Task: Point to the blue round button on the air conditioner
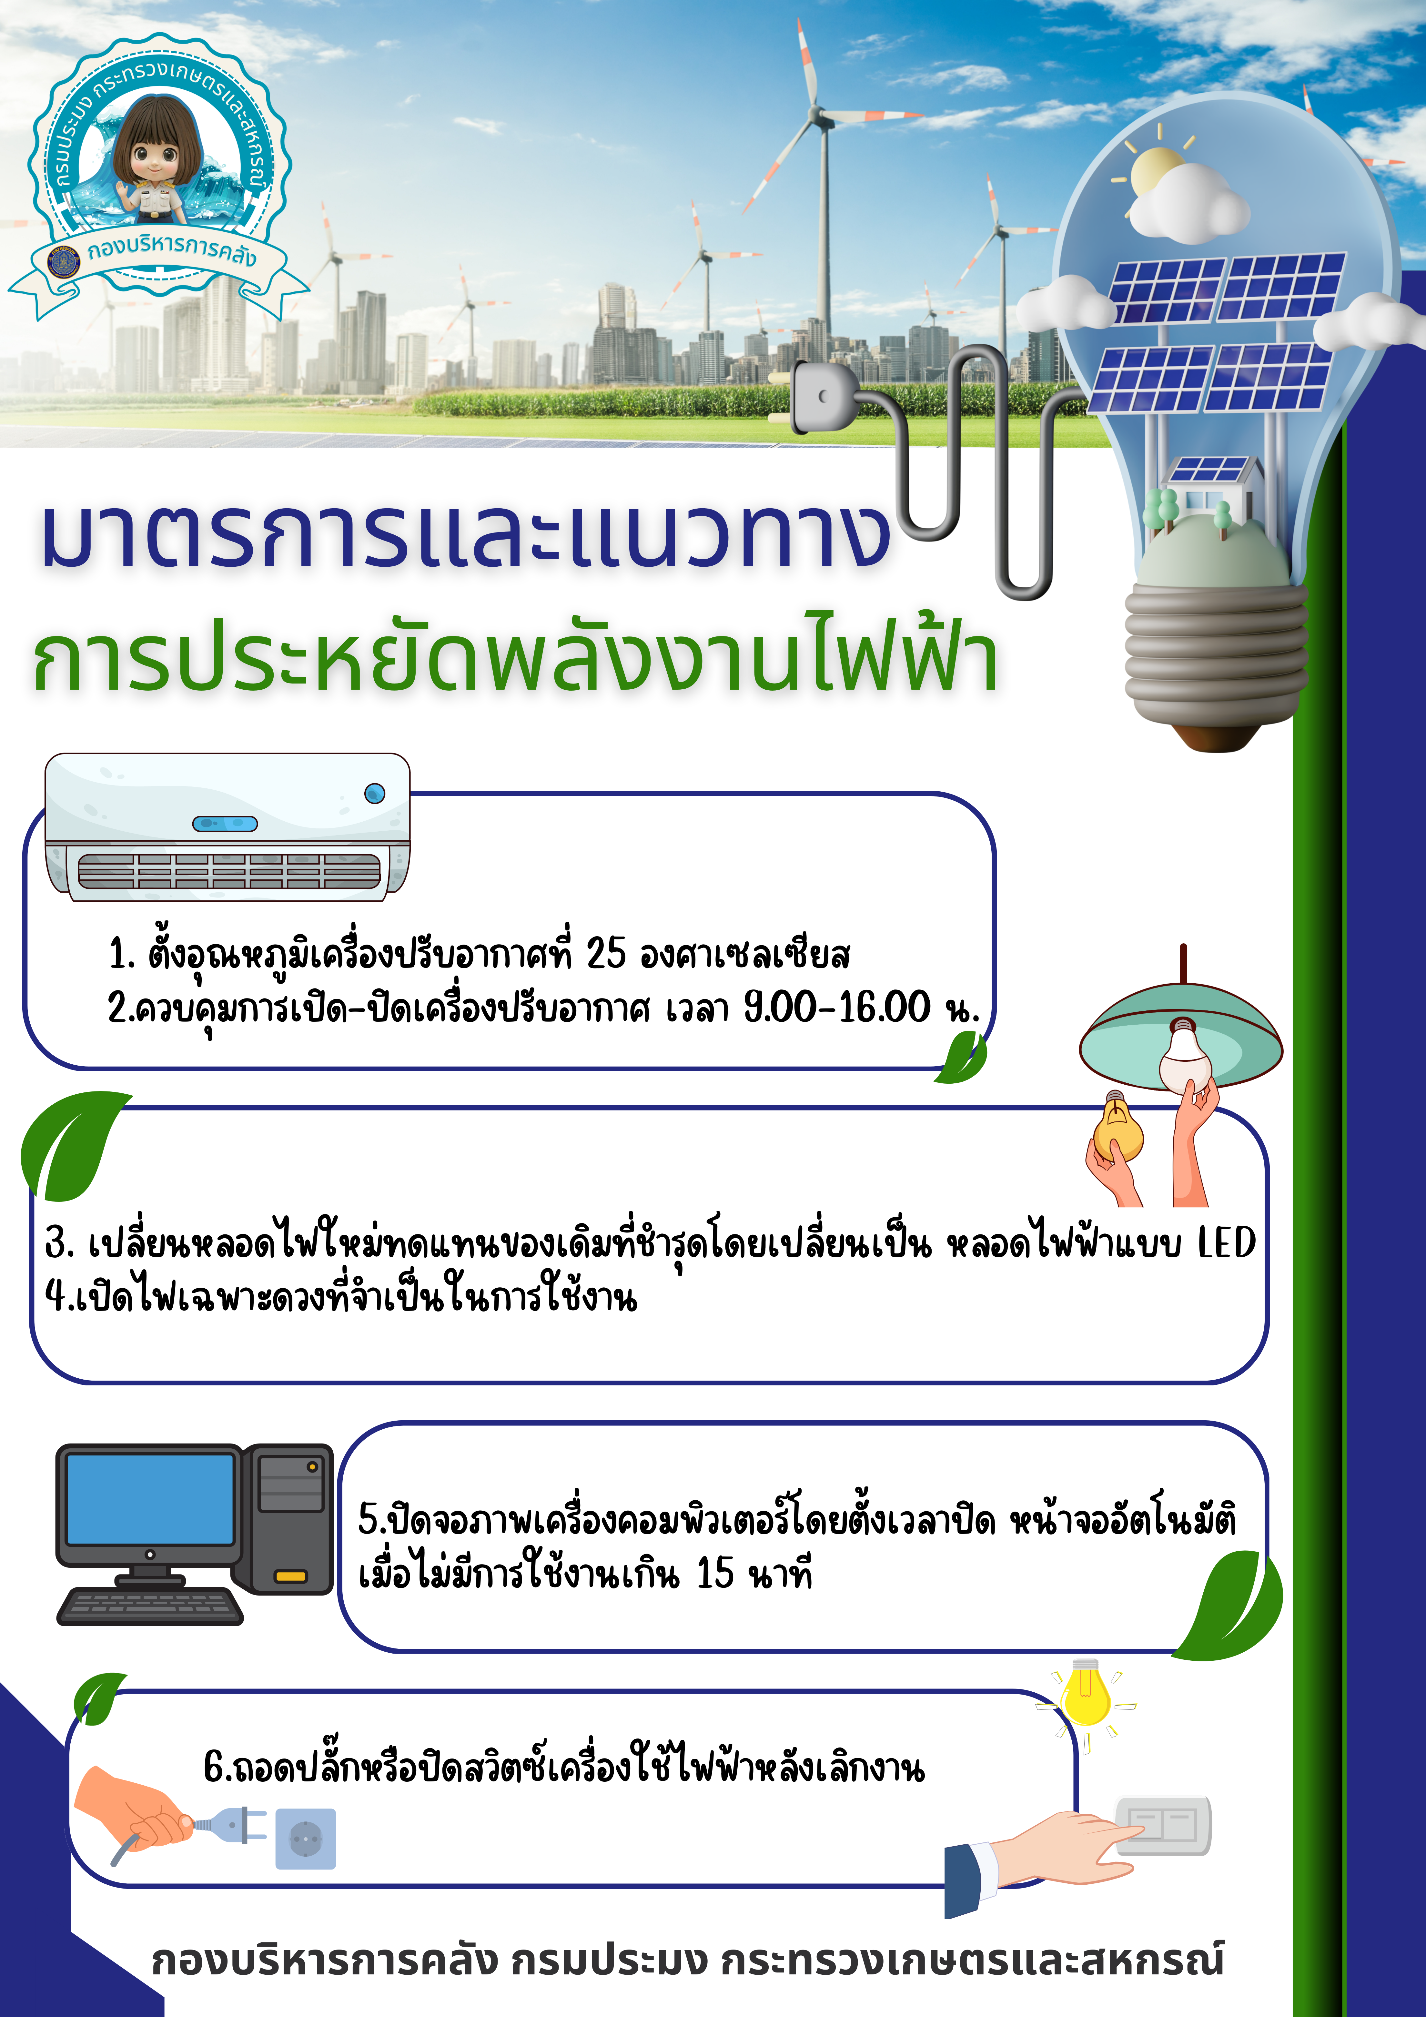pyautogui.click(x=375, y=793)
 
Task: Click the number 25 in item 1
pyautogui.click(x=606, y=953)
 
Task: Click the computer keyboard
pyautogui.click(x=150, y=1607)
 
